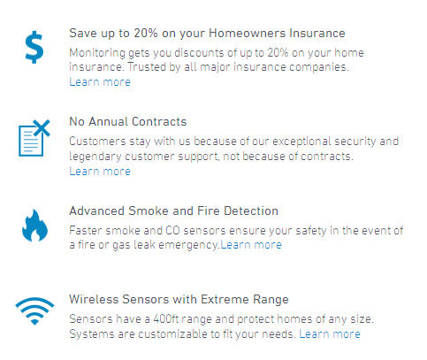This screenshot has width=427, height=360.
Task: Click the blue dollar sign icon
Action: click(34, 47)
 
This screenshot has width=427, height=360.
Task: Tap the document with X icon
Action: click(34, 138)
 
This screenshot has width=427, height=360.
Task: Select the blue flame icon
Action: click(34, 226)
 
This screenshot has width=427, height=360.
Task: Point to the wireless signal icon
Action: click(34, 311)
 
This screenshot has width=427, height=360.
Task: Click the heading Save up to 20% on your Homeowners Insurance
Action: click(207, 34)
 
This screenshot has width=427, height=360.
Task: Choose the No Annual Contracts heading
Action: click(128, 121)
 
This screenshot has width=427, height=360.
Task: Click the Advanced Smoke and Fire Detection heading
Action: click(174, 211)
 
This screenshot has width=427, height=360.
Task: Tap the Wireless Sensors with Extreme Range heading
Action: click(179, 300)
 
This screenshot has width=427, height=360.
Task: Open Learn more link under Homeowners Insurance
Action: click(100, 82)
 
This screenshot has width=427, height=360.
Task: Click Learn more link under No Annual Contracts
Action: click(100, 172)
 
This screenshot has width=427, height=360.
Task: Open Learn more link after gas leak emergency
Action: click(251, 245)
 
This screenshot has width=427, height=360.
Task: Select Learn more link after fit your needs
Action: click(330, 334)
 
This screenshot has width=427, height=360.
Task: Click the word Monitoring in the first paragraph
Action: click(97, 53)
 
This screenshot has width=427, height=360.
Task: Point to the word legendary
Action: click(95, 157)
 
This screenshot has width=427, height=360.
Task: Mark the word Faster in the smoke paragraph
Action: click(86, 231)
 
